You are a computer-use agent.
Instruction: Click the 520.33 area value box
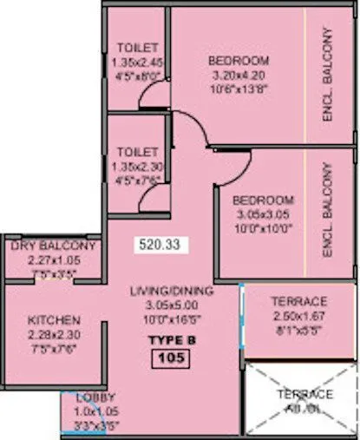click(x=157, y=246)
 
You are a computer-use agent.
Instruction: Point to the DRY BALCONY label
click(x=53, y=246)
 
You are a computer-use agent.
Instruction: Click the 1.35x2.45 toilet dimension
click(x=137, y=62)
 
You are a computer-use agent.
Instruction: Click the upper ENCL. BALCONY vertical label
click(x=328, y=74)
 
